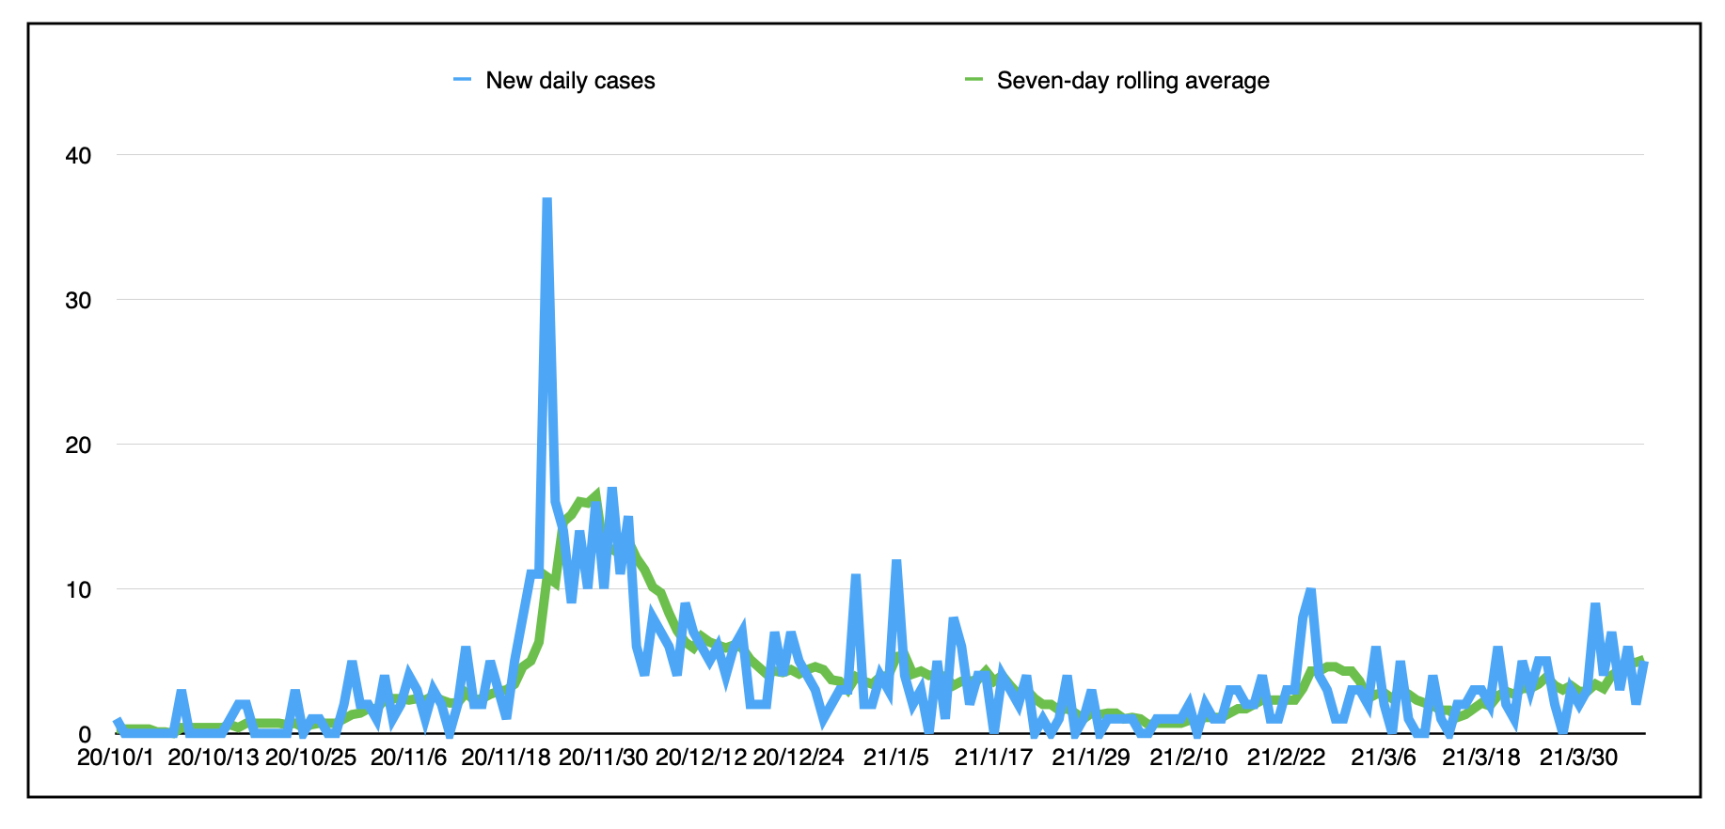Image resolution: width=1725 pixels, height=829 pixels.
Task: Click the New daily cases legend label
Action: pyautogui.click(x=570, y=81)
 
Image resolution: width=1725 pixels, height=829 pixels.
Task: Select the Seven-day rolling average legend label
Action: pyautogui.click(x=1132, y=81)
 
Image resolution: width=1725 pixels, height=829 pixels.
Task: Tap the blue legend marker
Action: pyautogui.click(x=462, y=80)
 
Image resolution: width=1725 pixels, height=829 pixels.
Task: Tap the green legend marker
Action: pyautogui.click(x=973, y=80)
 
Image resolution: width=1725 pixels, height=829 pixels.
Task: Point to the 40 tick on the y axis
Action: pyautogui.click(x=78, y=155)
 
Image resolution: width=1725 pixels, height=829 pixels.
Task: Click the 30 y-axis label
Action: pyautogui.click(x=78, y=300)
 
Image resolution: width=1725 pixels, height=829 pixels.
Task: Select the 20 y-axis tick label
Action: pyautogui.click(x=78, y=445)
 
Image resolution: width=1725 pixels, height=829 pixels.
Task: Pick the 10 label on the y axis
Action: pyautogui.click(x=78, y=589)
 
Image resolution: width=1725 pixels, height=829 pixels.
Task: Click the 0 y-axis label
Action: pyautogui.click(x=85, y=734)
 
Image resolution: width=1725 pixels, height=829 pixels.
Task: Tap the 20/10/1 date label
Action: pyautogui.click(x=116, y=758)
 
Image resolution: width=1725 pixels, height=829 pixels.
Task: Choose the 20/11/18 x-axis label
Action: pyautogui.click(x=506, y=758)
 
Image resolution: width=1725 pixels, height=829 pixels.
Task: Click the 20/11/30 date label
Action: pyautogui.click(x=604, y=758)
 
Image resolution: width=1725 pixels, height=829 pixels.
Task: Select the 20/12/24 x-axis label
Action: pyautogui.click(x=799, y=758)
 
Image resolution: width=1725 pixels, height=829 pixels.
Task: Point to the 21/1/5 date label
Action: pyautogui.click(x=896, y=758)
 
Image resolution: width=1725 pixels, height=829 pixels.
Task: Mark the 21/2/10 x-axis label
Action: pyautogui.click(x=1189, y=758)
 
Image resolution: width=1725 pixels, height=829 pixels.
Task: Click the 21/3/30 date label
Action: pyautogui.click(x=1579, y=758)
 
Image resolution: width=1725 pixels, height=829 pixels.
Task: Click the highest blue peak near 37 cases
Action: pyautogui.click(x=546, y=200)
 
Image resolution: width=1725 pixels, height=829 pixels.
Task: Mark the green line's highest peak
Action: pyautogui.click(x=596, y=494)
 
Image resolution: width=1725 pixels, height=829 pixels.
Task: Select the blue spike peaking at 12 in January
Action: pyautogui.click(x=896, y=562)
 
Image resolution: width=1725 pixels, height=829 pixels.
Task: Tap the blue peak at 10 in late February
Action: pyautogui.click(x=1310, y=591)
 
